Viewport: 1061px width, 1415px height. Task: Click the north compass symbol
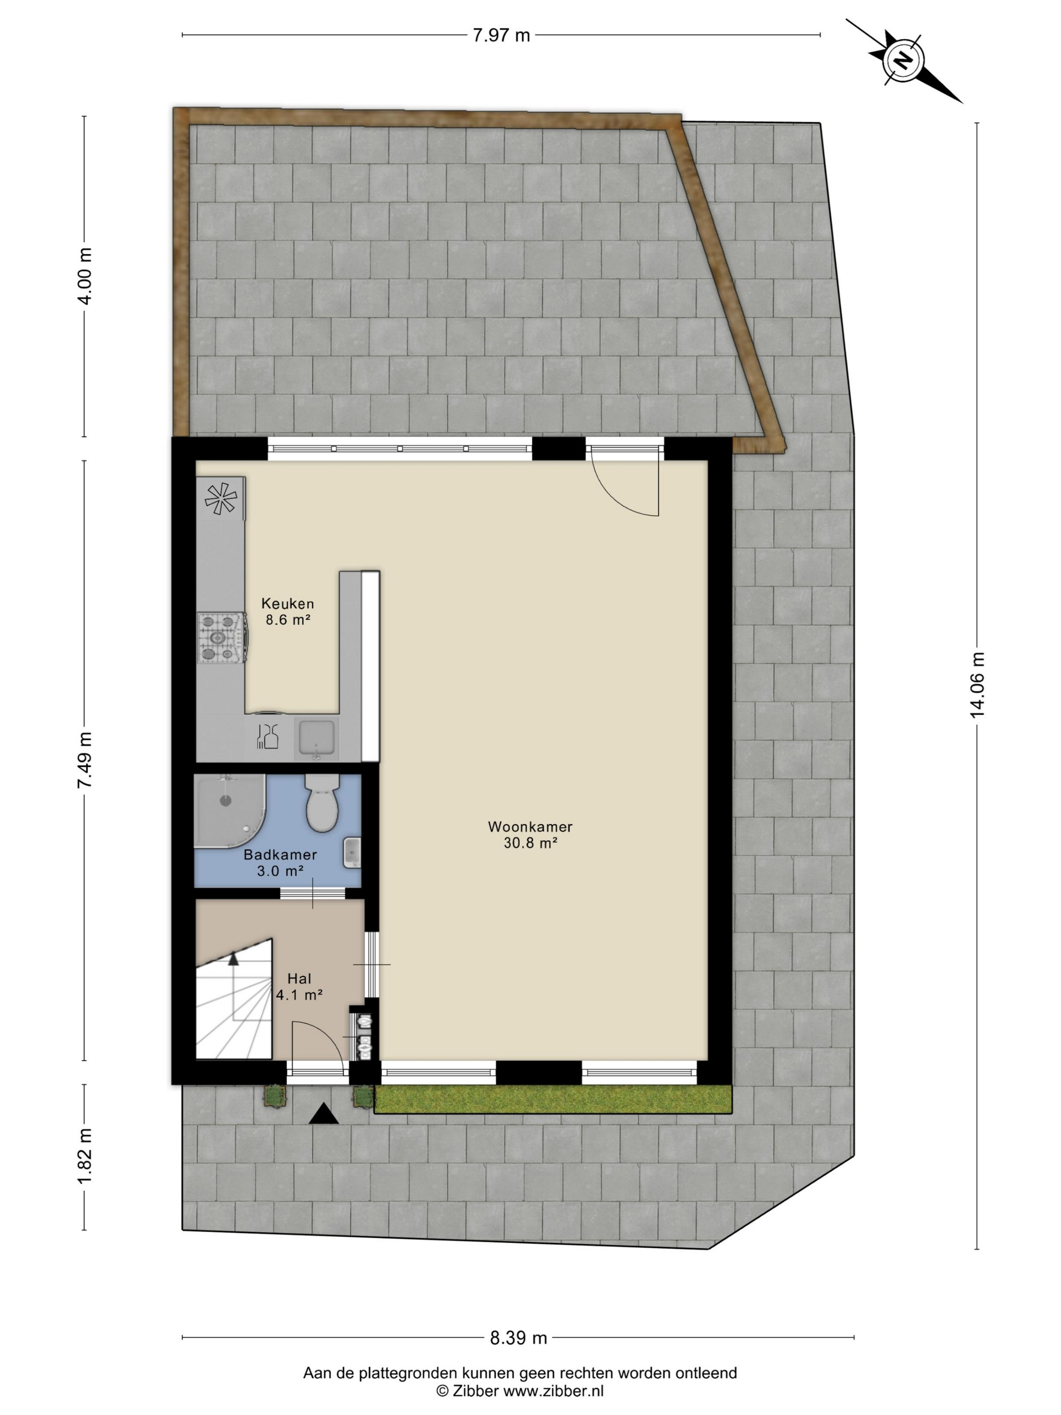click(x=902, y=61)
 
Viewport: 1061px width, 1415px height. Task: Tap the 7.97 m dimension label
click(x=501, y=36)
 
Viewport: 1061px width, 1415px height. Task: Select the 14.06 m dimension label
click(x=977, y=685)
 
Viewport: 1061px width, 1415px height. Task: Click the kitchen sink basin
click(x=316, y=737)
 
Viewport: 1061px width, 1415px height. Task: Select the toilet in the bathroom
click(x=321, y=802)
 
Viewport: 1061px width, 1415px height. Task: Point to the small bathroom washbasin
click(x=352, y=852)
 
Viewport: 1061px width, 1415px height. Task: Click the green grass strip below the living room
click(x=553, y=1099)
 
